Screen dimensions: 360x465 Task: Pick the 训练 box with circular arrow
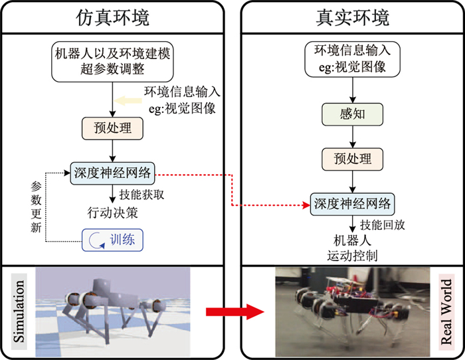click(113, 238)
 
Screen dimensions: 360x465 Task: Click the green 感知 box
click(352, 114)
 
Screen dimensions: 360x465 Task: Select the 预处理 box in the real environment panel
click(352, 158)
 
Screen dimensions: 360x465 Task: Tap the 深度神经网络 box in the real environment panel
click(353, 202)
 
